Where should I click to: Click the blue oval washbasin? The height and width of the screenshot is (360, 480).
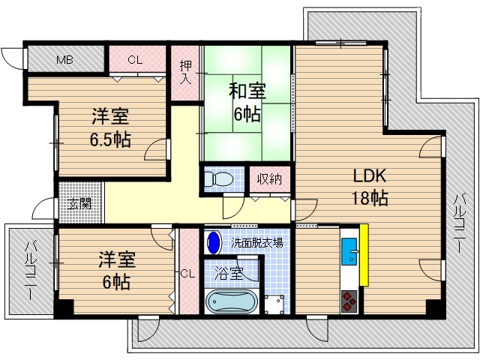click(x=214, y=242)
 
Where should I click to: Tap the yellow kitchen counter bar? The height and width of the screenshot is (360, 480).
click(x=364, y=254)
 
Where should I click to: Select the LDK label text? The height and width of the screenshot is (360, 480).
click(x=369, y=177)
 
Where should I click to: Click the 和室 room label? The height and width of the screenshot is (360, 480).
click(x=247, y=91)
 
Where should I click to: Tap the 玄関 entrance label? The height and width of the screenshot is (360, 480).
click(x=80, y=203)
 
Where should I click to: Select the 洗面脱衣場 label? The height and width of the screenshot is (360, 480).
click(x=257, y=242)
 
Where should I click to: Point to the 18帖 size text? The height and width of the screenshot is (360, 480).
click(x=370, y=199)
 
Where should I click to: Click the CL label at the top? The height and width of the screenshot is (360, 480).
click(x=136, y=58)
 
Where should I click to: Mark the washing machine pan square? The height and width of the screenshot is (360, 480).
click(x=274, y=304)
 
